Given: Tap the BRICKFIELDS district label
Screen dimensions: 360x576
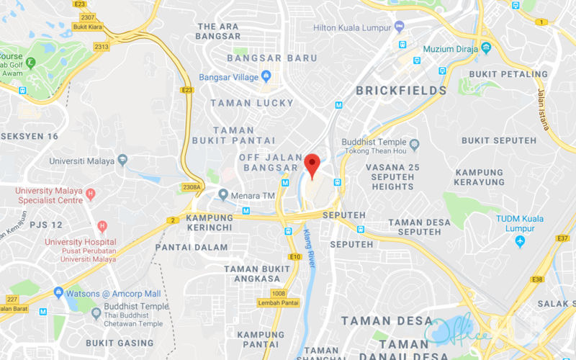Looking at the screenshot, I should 402,91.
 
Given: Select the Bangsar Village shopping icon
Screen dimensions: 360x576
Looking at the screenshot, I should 266,76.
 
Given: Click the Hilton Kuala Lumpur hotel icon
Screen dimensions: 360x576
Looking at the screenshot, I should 400,27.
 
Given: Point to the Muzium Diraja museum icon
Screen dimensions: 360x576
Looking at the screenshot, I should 487,48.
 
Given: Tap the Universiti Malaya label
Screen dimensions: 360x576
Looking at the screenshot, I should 82,161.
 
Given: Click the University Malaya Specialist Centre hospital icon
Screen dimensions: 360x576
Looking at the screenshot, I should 90,194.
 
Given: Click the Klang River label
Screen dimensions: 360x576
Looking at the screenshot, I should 310,248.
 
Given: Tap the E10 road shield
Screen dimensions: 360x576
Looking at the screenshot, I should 294,256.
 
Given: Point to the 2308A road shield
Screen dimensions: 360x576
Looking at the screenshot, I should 192,187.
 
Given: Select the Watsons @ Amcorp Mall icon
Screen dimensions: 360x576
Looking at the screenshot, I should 58,293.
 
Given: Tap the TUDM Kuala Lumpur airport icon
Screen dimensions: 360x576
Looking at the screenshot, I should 521,240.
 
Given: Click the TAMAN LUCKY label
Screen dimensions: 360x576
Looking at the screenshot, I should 252,103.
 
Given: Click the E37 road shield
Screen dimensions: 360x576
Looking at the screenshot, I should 562,238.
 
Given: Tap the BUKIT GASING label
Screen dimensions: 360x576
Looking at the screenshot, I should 114,343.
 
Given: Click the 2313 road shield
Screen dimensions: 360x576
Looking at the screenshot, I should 102,47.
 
